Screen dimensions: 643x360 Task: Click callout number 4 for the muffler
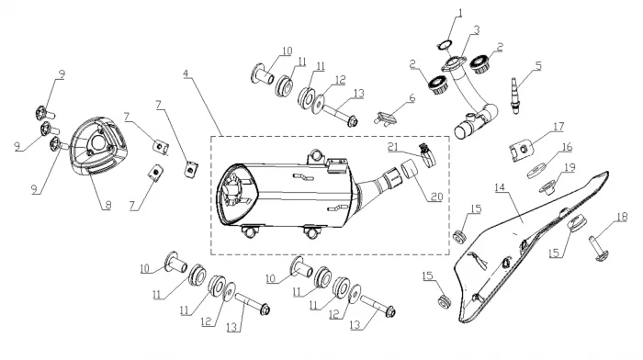coord(186,74)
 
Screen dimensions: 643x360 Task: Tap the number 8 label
coord(107,205)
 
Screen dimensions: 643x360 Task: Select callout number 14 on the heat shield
coord(500,187)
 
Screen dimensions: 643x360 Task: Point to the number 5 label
coord(538,65)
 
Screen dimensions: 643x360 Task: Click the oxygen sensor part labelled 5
coord(514,96)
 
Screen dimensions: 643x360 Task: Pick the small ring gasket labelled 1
coord(444,45)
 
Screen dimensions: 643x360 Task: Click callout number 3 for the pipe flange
coord(476,30)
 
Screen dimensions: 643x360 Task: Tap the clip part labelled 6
coord(386,118)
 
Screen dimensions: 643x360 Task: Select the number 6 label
coord(412,98)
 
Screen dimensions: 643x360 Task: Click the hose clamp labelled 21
coord(427,155)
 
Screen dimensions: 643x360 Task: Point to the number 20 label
coord(436,197)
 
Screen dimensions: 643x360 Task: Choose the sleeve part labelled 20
coord(410,169)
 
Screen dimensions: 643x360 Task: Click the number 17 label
coord(558,127)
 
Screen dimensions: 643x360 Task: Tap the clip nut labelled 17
coord(521,150)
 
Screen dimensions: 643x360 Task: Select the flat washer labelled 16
coord(536,170)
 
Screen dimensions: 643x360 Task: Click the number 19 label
coord(570,167)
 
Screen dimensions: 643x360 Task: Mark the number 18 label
coord(622,217)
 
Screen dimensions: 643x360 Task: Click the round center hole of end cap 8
coord(98,143)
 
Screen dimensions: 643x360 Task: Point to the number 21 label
coord(393,147)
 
